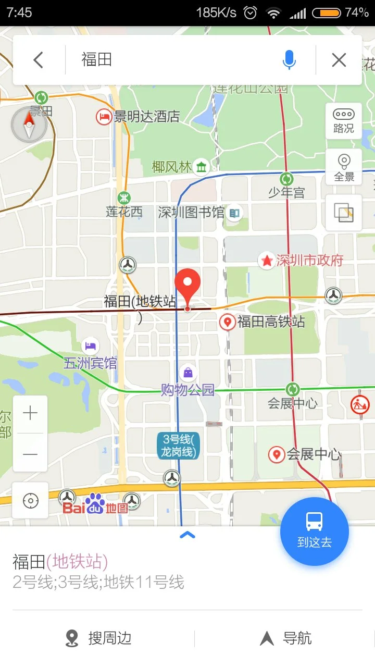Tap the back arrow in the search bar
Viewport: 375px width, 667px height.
click(x=38, y=60)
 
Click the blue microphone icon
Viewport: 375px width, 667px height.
click(x=289, y=60)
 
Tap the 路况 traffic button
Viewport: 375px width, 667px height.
click(x=344, y=120)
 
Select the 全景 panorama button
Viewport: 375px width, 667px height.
click(x=344, y=167)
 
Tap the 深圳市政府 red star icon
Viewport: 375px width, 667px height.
click(x=267, y=260)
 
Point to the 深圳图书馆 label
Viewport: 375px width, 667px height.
click(x=191, y=212)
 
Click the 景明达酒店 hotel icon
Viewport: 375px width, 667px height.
click(x=104, y=117)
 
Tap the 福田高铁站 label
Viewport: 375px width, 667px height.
click(x=271, y=322)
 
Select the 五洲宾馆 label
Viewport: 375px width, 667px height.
click(x=91, y=363)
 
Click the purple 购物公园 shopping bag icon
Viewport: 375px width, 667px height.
click(x=188, y=373)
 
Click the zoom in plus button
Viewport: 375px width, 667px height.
click(x=30, y=414)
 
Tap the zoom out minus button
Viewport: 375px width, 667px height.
click(x=30, y=454)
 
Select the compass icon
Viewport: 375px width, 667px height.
click(x=29, y=125)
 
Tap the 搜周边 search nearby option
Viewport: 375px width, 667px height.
click(x=99, y=638)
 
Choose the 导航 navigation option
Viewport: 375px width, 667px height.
click(x=286, y=638)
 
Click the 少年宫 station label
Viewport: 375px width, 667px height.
click(x=286, y=192)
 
